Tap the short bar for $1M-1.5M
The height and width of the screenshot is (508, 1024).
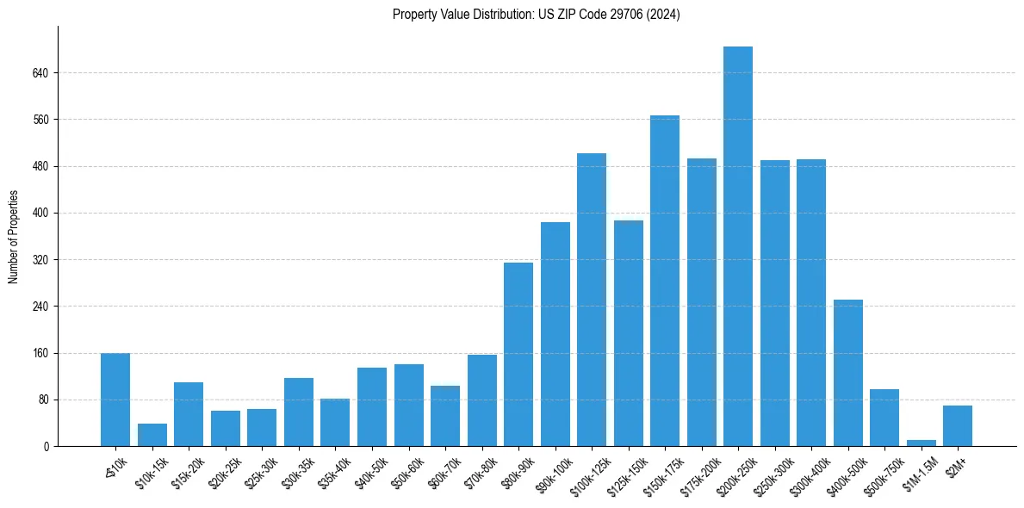[x=921, y=443]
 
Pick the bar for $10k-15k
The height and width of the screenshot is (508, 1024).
[x=152, y=435]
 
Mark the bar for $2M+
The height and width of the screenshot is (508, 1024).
[x=957, y=425]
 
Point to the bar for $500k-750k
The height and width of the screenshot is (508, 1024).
[x=884, y=418]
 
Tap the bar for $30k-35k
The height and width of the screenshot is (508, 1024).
[x=299, y=412]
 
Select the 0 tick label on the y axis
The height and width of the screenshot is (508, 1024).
[x=48, y=447]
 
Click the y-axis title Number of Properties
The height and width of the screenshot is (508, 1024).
[x=13, y=237]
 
